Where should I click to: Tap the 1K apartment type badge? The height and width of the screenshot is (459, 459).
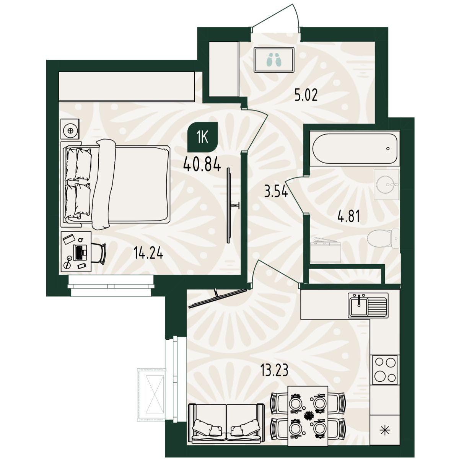[x=203, y=137]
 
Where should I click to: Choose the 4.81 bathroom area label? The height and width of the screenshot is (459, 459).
[x=349, y=216]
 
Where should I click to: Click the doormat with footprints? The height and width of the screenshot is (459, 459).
[x=274, y=60]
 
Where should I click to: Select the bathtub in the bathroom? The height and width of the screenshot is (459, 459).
[x=355, y=148]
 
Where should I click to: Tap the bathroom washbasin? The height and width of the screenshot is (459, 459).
[x=386, y=184]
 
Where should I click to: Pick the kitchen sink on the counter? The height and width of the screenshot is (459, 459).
[x=368, y=305]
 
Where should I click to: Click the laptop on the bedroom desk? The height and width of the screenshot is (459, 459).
[x=80, y=252]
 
